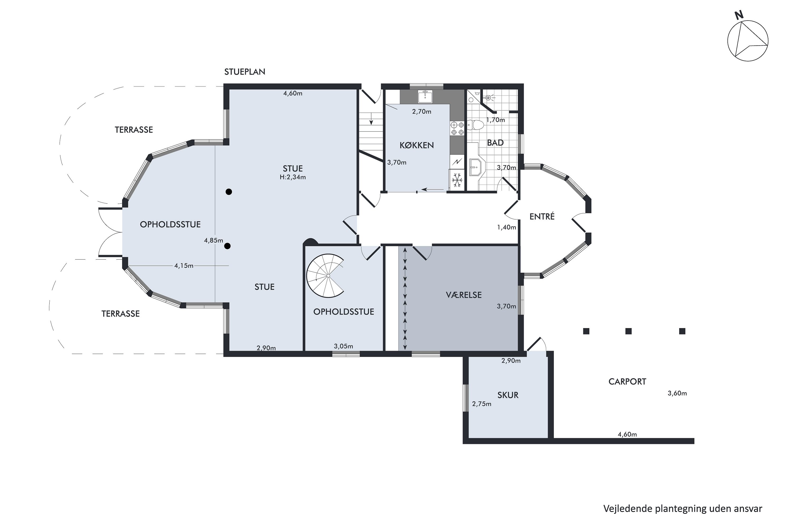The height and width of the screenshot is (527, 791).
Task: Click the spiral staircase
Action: [325, 276]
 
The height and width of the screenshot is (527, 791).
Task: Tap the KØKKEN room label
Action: [417, 145]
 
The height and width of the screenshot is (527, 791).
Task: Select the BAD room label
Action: [495, 143]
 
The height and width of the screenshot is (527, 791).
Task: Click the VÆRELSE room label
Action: [464, 295]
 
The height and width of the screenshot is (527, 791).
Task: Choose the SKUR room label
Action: [508, 395]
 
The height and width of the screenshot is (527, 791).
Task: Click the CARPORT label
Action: [627, 382]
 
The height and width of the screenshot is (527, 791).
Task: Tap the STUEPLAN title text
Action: [245, 72]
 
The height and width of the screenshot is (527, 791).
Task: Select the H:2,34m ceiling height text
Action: [293, 177]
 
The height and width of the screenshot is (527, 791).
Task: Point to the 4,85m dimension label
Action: [214, 240]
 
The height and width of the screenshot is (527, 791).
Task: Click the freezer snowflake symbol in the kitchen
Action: [457, 180]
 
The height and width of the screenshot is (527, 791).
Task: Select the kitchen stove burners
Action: [457, 128]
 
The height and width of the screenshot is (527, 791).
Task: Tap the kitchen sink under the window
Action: [425, 96]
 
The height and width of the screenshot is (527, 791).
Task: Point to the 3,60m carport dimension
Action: [677, 393]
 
